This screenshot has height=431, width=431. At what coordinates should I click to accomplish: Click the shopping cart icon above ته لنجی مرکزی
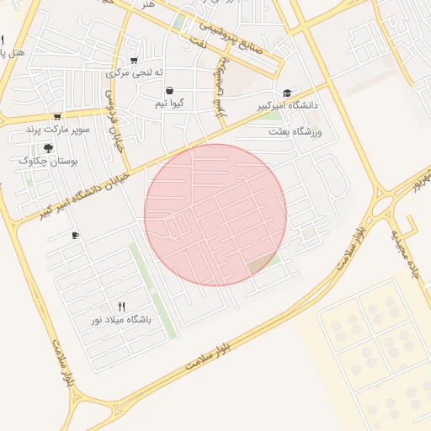click(x=134, y=60)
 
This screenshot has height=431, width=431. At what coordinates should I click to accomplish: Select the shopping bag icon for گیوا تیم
click(x=170, y=90)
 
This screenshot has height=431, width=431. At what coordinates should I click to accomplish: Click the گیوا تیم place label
click(x=170, y=104)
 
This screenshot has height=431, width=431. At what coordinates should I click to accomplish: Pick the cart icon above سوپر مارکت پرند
click(x=57, y=117)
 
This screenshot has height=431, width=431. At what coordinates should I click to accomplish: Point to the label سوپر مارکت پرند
click(x=57, y=130)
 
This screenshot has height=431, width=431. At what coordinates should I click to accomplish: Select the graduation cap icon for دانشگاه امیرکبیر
click(x=287, y=93)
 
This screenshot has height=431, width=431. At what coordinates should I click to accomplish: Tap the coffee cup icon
click(x=76, y=235)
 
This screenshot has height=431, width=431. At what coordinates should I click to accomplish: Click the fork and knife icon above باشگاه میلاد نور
click(x=122, y=306)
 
